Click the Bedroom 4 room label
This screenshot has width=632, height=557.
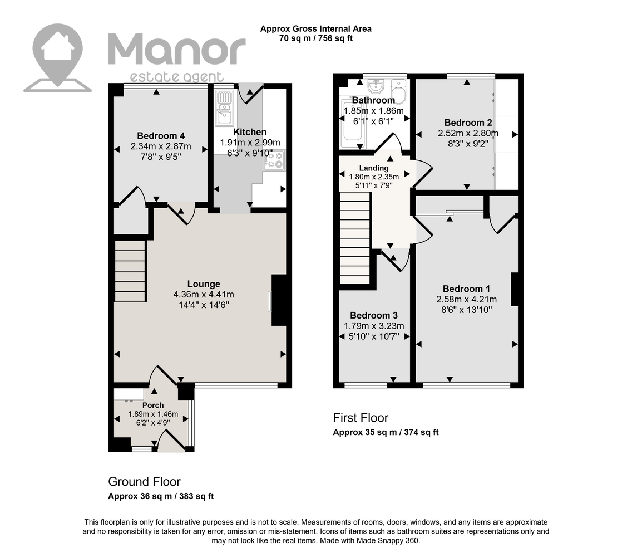click(x=160, y=135)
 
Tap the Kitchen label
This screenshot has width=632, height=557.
click(x=250, y=132)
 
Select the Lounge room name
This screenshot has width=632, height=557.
click(x=204, y=284)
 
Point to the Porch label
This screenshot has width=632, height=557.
click(x=153, y=405)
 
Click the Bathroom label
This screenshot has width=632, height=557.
click(x=374, y=100)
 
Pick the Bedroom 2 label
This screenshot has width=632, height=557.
click(x=468, y=123)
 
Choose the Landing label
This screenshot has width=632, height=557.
click(x=374, y=168)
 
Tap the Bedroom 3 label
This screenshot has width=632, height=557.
click(x=374, y=316)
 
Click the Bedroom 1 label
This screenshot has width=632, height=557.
click(x=466, y=289)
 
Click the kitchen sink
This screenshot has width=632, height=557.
click(x=224, y=108)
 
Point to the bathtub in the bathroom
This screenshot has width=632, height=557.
click(x=352, y=122)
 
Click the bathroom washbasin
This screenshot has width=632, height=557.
click(x=376, y=86)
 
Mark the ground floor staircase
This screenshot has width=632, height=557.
click(x=130, y=271)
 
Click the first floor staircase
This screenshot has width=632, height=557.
click(x=355, y=238)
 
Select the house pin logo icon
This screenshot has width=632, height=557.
click(x=58, y=58)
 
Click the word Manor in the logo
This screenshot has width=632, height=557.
click(x=177, y=50)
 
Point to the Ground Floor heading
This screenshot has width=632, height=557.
click(x=144, y=481)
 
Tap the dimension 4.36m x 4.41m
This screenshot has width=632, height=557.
click(x=204, y=295)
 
